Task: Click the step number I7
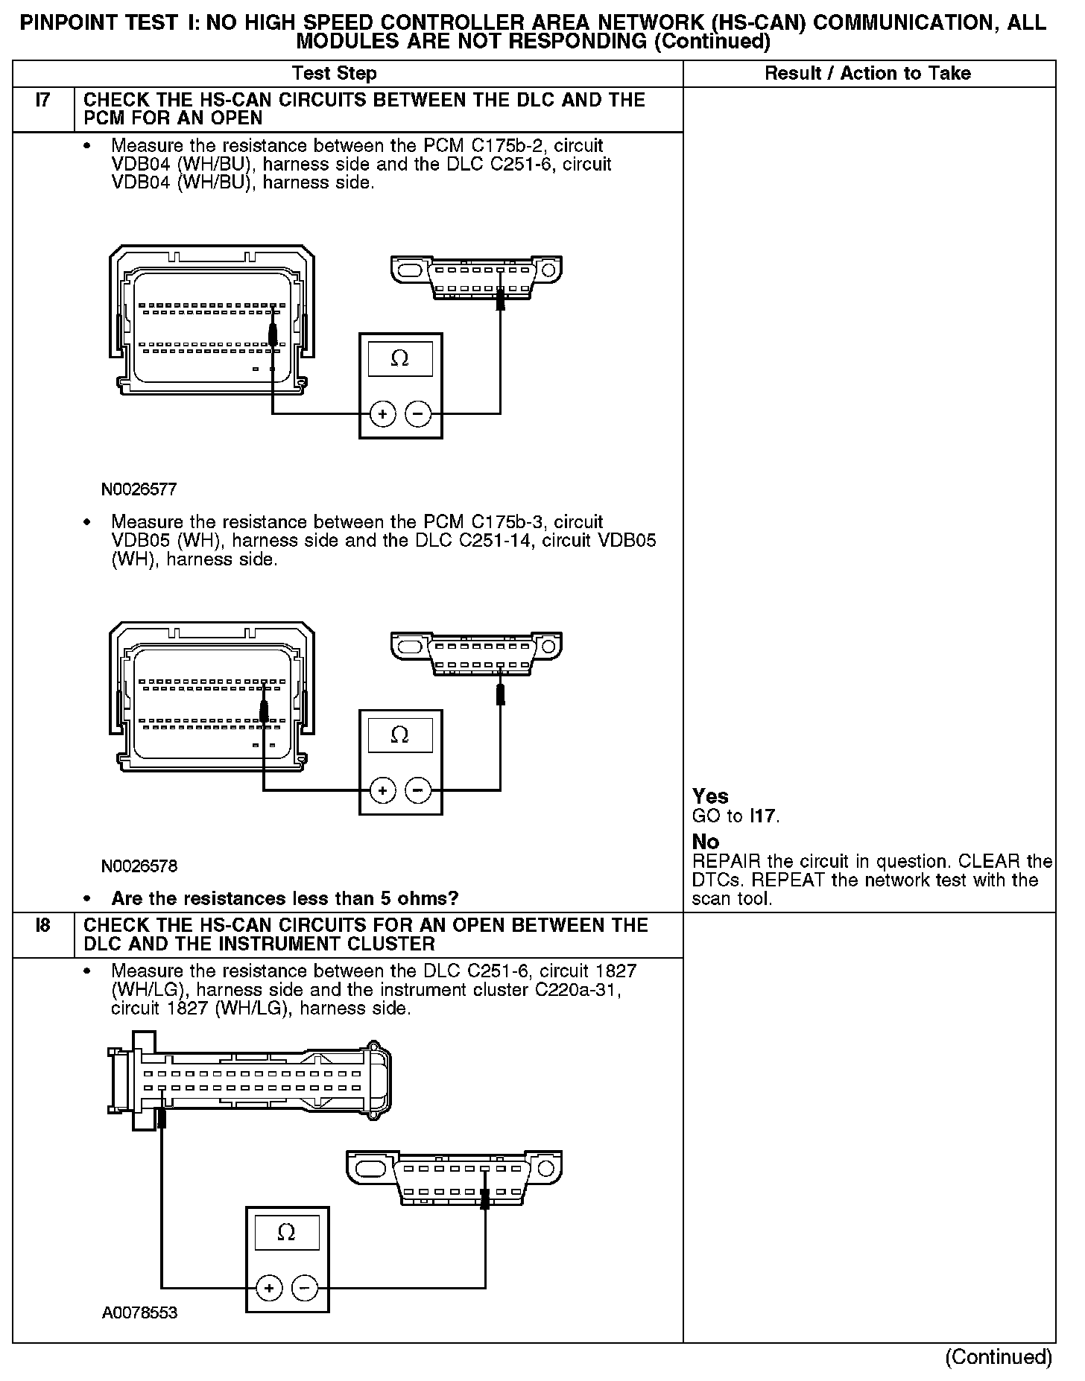[x=42, y=100]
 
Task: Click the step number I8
[x=42, y=924]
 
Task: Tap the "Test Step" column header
[x=334, y=73]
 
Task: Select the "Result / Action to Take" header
[x=867, y=73]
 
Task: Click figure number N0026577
[x=139, y=489]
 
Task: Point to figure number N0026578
[x=139, y=866]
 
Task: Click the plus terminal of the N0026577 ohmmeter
[x=382, y=413]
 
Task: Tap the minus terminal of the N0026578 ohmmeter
[x=418, y=790]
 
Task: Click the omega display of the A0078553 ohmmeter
[x=286, y=1233]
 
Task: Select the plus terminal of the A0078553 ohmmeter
[x=268, y=1287]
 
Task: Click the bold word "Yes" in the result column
[x=710, y=796]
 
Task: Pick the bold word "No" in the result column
[x=706, y=842]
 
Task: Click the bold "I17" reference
[x=763, y=816]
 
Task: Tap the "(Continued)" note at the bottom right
[x=999, y=1357]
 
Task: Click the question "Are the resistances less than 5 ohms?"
[x=285, y=898]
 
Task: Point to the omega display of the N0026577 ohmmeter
[x=400, y=359]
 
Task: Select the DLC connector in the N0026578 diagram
[x=476, y=653]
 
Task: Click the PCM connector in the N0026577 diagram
[x=212, y=320]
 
